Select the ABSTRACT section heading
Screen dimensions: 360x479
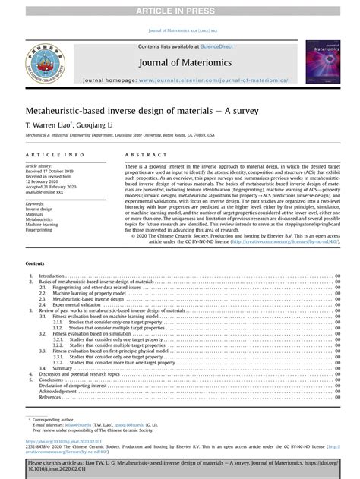coord(141,154)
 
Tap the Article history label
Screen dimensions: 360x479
coord(42,165)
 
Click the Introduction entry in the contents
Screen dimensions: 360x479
coord(52,276)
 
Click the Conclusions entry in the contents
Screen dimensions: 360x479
coord(52,380)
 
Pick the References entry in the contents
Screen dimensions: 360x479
coord(50,397)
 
